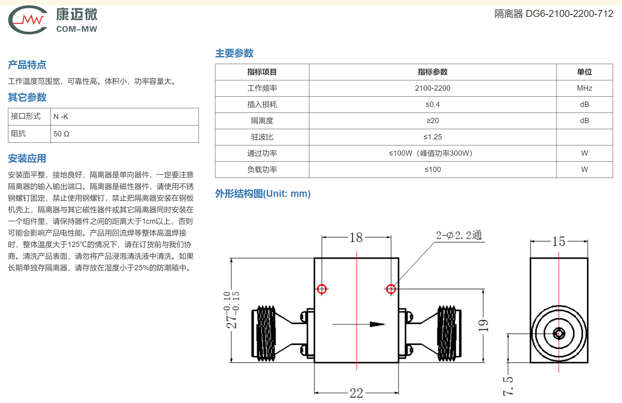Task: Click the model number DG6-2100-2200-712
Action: [x=569, y=14]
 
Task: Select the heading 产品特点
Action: [x=27, y=65]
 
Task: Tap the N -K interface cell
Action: [x=61, y=117]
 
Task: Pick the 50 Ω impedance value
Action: [x=61, y=134]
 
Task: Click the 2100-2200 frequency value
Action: [x=432, y=88]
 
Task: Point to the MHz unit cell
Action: [x=584, y=88]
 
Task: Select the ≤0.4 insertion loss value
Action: [x=432, y=105]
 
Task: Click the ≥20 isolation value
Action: [x=432, y=121]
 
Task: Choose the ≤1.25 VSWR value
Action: [x=432, y=137]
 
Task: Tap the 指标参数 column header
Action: [x=432, y=72]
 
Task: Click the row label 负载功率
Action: [x=262, y=170]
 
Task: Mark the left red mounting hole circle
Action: [x=322, y=289]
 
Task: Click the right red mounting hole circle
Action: [x=391, y=289]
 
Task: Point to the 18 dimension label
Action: [x=356, y=238]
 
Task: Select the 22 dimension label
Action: [x=356, y=393]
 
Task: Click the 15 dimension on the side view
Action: [x=559, y=241]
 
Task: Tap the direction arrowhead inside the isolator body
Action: [x=377, y=324]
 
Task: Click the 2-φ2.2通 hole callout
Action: [x=459, y=235]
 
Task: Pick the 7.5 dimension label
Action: [x=508, y=386]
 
